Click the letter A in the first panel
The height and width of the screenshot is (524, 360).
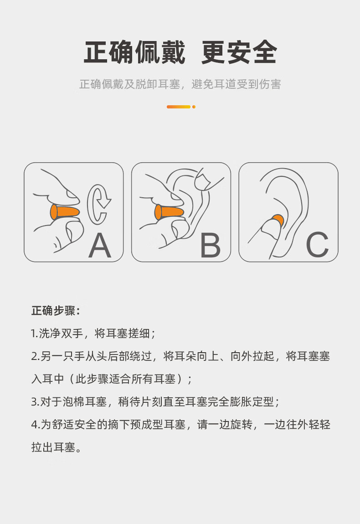pyautogui.click(x=100, y=245)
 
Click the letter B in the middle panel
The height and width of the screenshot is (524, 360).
pyautogui.click(x=210, y=245)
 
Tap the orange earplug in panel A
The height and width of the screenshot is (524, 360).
pyautogui.click(x=65, y=212)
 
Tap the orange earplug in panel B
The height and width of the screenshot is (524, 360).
pyautogui.click(x=169, y=212)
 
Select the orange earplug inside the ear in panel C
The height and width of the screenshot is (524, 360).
pyautogui.click(x=278, y=220)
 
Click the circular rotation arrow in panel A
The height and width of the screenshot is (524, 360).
pyautogui.click(x=98, y=204)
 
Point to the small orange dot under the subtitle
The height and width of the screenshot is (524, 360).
pyautogui.click(x=194, y=107)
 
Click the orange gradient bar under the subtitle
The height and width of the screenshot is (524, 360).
pyautogui.click(x=179, y=107)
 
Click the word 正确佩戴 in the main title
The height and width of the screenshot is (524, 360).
pyautogui.click(x=134, y=52)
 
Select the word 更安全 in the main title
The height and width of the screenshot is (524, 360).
pyautogui.click(x=239, y=52)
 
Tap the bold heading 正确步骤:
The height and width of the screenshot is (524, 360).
pyautogui.click(x=56, y=310)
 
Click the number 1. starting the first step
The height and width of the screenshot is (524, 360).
pyautogui.click(x=35, y=334)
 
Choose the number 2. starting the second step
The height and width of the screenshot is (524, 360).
pyautogui.click(x=35, y=356)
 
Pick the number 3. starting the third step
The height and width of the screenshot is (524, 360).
pyautogui.click(x=35, y=402)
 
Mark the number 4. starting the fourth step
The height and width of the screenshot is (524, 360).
pyautogui.click(x=35, y=424)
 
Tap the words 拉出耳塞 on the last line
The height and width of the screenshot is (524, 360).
pyautogui.click(x=53, y=447)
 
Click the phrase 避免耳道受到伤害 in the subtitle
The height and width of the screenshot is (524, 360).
pyautogui.click(x=236, y=84)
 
